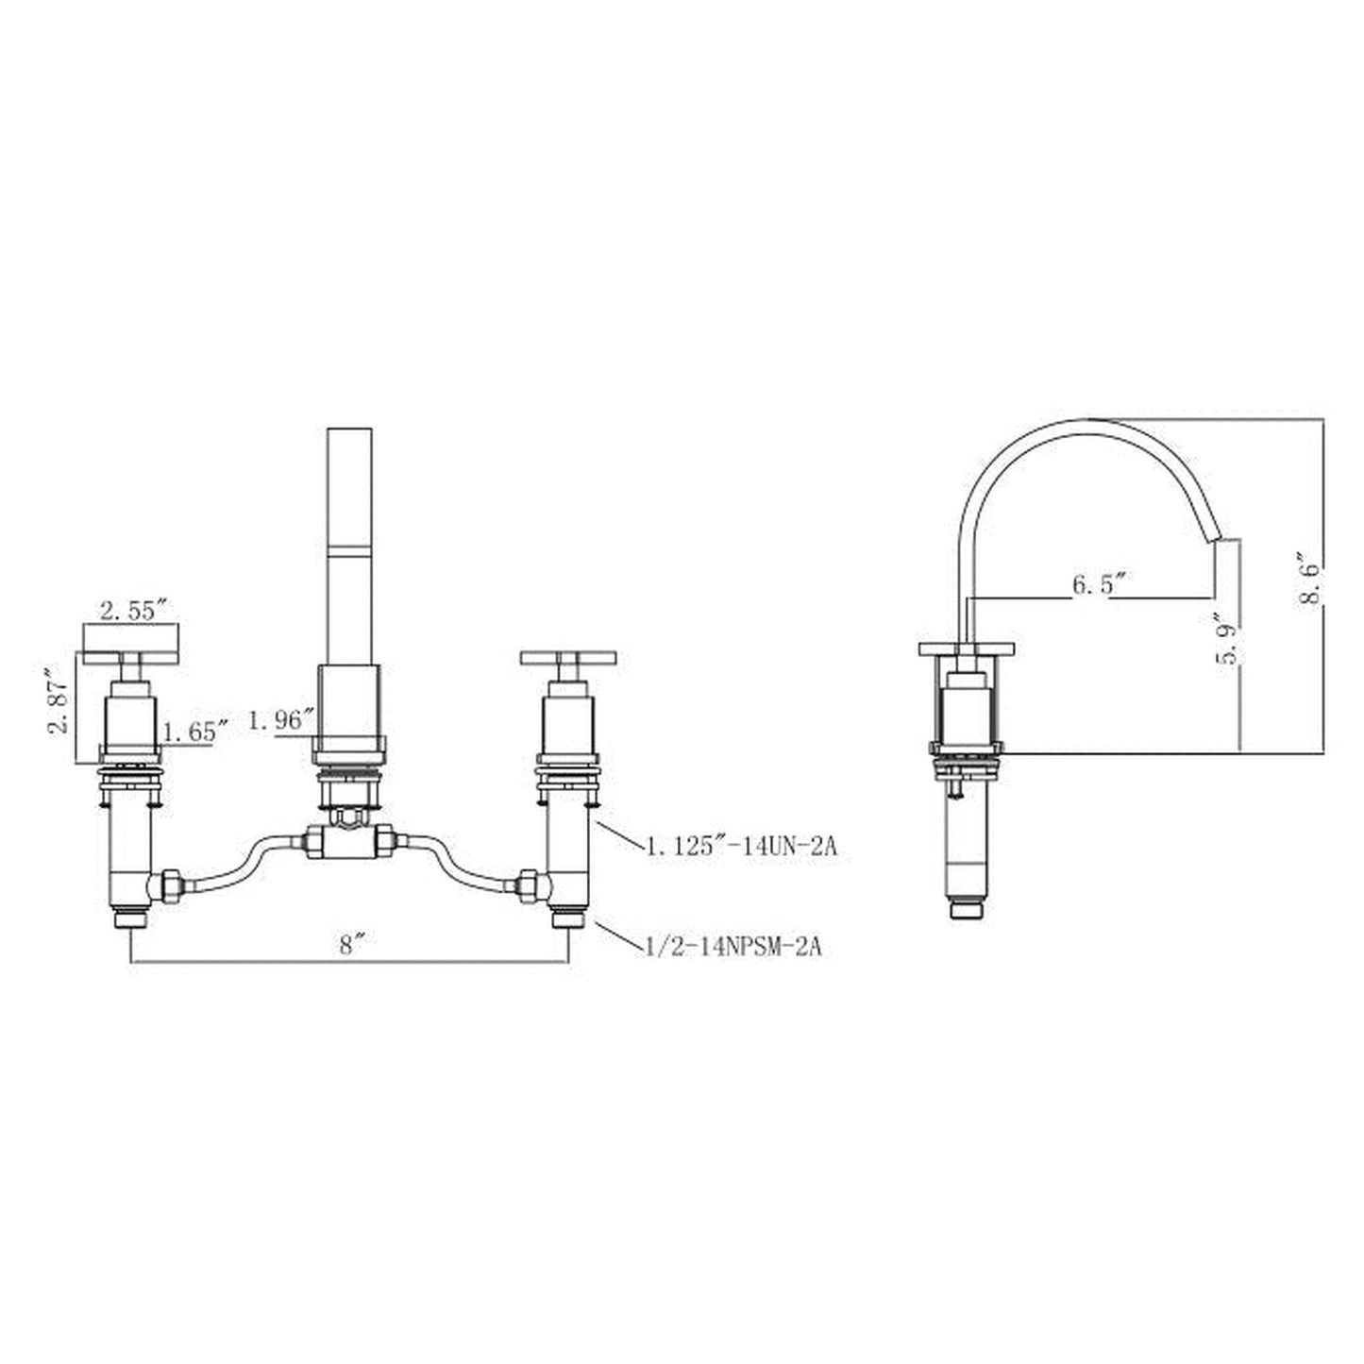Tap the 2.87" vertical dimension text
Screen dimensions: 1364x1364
(59, 701)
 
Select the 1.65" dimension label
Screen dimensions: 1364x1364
(195, 731)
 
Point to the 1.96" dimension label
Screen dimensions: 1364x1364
(280, 721)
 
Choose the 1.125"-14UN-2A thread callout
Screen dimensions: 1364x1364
(741, 847)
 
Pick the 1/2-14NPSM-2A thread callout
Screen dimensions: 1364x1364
(733, 947)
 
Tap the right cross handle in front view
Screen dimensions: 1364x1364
(567, 658)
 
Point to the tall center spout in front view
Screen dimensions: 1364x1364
(350, 547)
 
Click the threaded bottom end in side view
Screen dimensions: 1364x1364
(967, 909)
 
